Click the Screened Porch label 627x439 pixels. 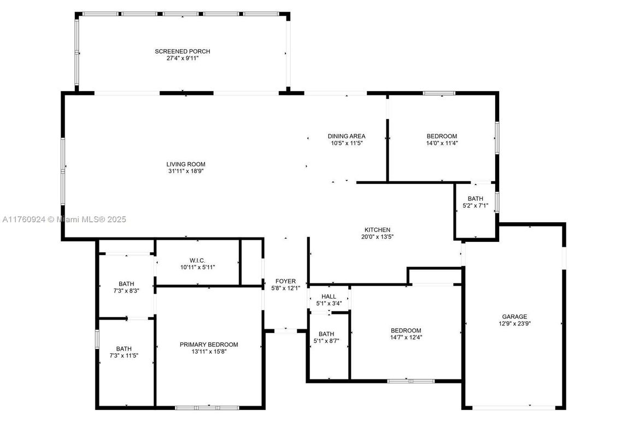pos(182,51)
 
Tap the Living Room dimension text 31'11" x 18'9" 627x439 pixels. pos(186,171)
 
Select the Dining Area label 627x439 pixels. pos(346,136)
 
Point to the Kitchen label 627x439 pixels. pos(377,230)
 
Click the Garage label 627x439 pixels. pos(514,316)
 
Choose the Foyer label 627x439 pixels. pos(286,281)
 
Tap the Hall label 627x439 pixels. pos(329,296)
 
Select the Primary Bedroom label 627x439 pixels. pos(209,345)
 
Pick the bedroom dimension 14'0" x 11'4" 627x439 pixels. pos(442,143)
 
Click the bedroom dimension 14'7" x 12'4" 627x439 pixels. pos(406,337)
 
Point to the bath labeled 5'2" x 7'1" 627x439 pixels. pos(475,206)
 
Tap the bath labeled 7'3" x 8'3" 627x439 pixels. pos(126,291)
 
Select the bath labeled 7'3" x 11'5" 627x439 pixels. pos(124,355)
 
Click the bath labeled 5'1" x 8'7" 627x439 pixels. pos(326,341)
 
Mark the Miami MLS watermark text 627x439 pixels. pos(64,220)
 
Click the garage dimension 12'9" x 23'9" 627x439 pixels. pos(514,323)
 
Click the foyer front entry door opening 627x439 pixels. pos(285,330)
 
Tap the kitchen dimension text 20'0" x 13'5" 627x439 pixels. pos(377,237)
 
